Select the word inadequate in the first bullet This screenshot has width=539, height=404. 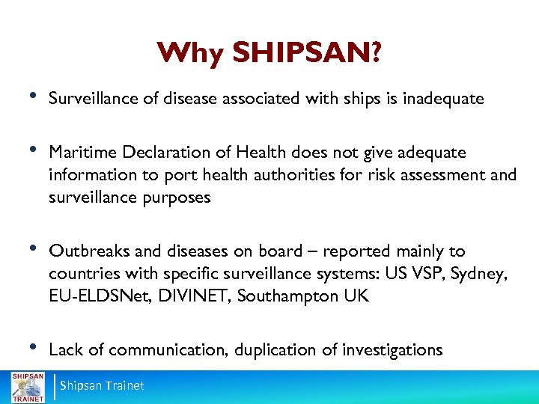point(444,98)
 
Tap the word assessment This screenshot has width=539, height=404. point(418,175)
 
